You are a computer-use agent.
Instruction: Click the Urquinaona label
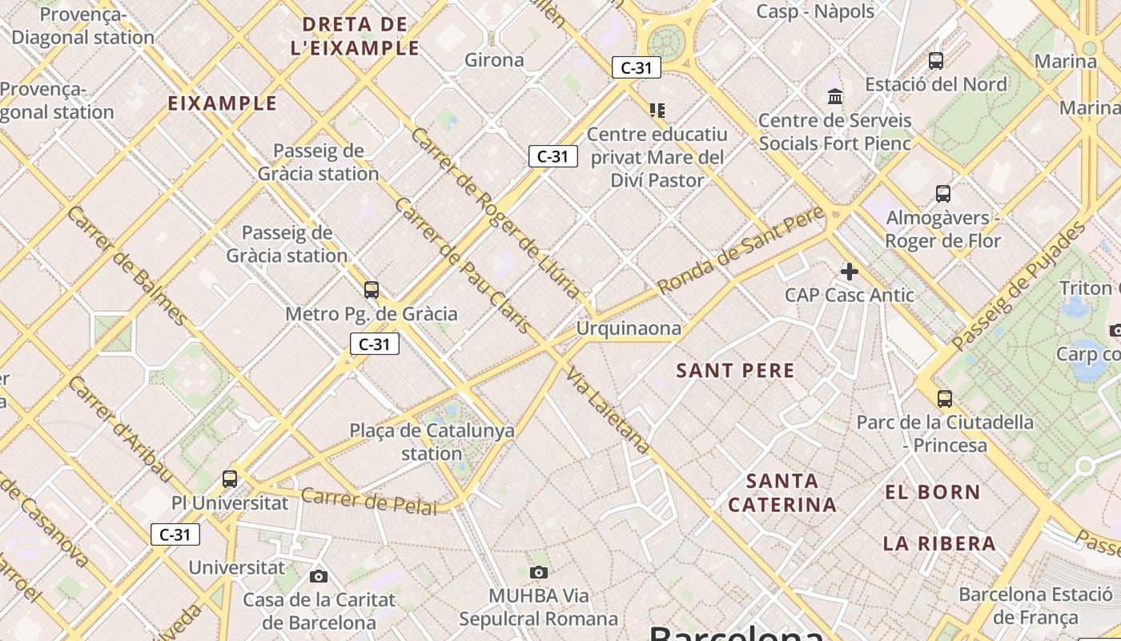pos(629,329)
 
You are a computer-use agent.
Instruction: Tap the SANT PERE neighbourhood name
pos(735,370)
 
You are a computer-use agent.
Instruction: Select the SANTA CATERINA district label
pos(782,493)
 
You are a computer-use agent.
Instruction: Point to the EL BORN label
pos(932,492)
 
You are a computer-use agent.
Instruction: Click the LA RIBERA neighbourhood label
pos(939,543)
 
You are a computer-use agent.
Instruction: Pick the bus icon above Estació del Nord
pos(935,60)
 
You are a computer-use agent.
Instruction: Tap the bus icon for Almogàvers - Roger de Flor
pos(943,193)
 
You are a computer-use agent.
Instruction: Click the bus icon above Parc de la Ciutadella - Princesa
pos(945,398)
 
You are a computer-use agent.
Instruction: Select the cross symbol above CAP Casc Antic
pos(850,272)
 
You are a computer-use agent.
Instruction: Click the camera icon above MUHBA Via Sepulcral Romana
pos(539,571)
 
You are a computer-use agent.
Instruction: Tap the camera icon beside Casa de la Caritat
pos(318,576)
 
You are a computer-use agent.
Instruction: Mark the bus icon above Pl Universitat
pos(230,479)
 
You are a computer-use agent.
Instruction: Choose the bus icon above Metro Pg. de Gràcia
pos(371,289)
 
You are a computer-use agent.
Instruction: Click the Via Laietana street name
pos(607,411)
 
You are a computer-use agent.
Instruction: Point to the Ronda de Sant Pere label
pos(740,249)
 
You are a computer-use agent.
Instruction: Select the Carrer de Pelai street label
pos(369,501)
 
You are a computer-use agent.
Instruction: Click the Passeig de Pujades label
pos(1019,288)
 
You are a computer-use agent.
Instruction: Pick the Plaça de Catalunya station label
pos(432,441)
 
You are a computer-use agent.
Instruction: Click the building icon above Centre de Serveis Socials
pos(835,97)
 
